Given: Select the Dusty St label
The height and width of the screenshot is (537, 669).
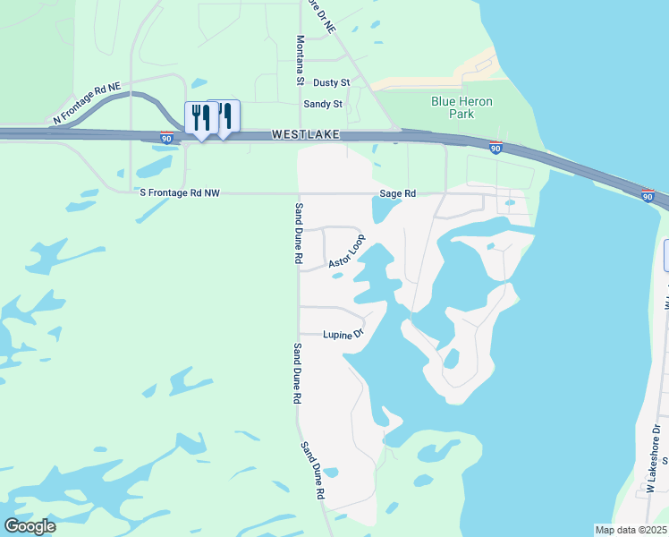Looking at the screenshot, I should tap(331, 82).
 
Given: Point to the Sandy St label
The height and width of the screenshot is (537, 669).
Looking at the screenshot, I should tap(323, 104).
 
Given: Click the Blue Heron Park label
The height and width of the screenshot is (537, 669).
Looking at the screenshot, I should tap(462, 107).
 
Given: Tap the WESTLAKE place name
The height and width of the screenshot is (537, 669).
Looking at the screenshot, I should tap(305, 134).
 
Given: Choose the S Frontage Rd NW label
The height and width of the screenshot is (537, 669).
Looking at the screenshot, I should tap(179, 192).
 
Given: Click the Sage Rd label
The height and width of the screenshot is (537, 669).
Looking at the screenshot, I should tap(398, 193).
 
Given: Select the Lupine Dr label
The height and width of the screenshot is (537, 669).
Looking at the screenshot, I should tap(344, 334).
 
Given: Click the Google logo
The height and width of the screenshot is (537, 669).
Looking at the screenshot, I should tap(30, 526).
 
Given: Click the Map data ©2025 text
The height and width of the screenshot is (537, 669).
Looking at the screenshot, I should tap(631, 529).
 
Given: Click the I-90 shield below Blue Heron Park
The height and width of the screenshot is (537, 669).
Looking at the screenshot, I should tap(495, 149).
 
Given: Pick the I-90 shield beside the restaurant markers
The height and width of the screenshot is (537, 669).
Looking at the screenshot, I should tap(167, 139).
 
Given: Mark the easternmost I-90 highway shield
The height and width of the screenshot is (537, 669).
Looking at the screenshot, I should tap(648, 196).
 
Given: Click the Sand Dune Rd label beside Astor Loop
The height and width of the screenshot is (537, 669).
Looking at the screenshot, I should tap(297, 232).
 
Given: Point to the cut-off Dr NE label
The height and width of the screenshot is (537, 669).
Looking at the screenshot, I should tap(320, 16).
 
